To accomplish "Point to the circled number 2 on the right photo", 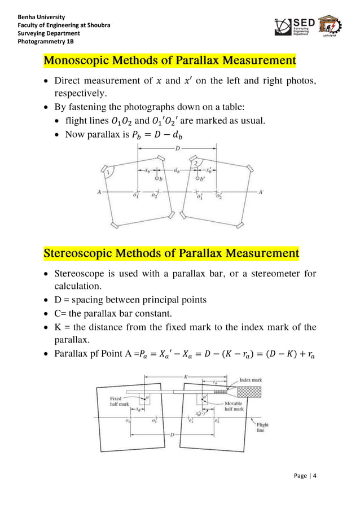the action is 195,163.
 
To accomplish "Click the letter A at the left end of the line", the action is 99,192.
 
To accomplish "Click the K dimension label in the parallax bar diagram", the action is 186,376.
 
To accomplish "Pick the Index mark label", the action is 251,380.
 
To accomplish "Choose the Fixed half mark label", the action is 120,402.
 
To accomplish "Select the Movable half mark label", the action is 234,406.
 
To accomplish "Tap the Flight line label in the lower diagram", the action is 262,428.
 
